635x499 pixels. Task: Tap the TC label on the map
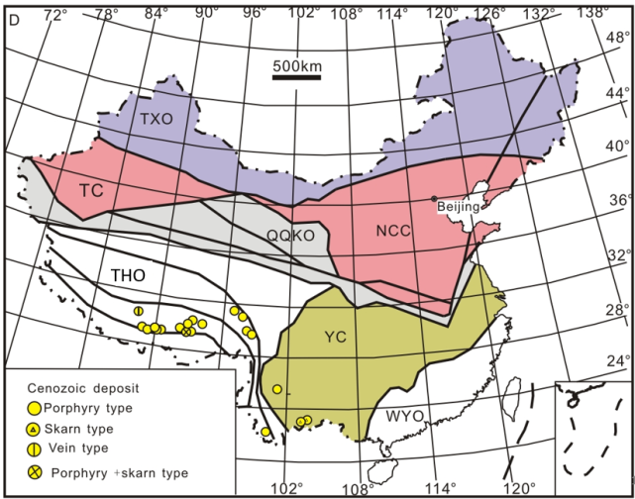[91, 188]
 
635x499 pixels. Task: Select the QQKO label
[289, 235]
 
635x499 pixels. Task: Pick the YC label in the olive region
[335, 339]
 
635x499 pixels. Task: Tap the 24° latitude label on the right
[619, 359]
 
